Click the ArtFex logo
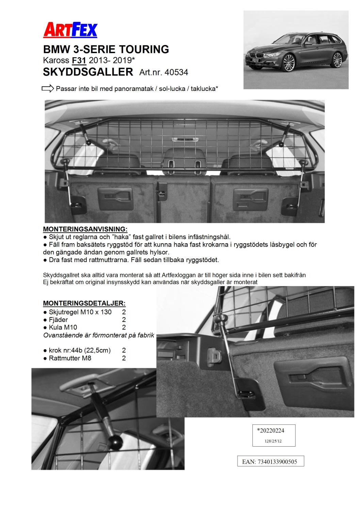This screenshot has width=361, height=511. pos(70,30)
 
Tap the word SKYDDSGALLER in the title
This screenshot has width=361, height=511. pos(88,72)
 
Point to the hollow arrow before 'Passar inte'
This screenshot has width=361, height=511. pos(48,89)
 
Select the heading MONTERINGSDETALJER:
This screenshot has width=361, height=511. pos(84,303)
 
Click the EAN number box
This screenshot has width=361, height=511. pos(270,462)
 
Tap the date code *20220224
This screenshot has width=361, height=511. pos(271,431)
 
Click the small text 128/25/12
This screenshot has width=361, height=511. pos(273,441)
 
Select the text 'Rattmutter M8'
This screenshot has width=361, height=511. pos(70,358)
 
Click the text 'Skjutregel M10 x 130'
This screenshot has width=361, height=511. pos(80,312)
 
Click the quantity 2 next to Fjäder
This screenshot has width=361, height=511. pos(124,320)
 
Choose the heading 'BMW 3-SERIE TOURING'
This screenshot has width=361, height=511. pos(106,50)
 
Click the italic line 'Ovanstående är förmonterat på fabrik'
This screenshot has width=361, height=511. pos(99,335)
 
